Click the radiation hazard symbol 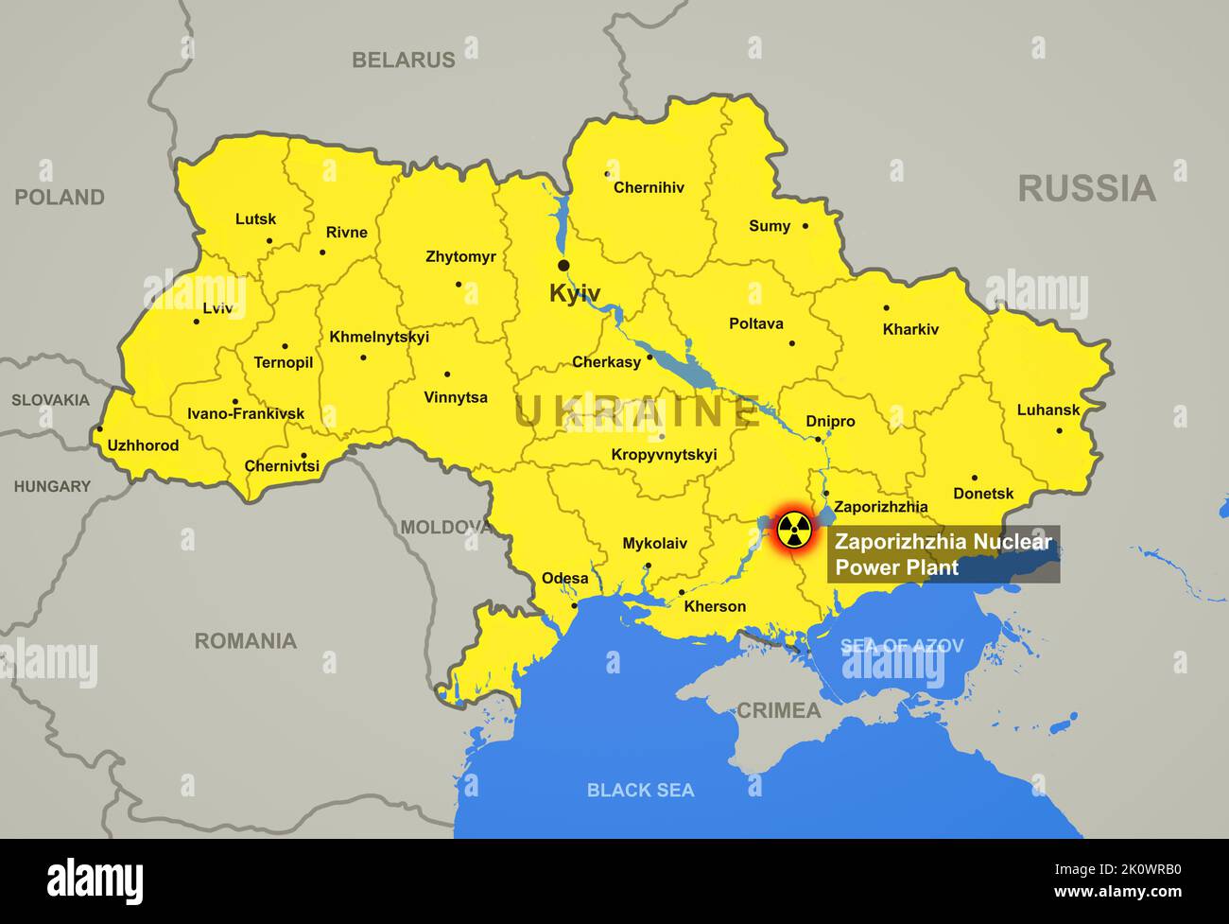793,531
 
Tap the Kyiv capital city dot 563,266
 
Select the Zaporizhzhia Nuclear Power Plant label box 943,554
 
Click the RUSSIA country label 1086,188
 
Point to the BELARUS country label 404,60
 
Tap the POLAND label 59,197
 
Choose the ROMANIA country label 246,641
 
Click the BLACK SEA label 640,790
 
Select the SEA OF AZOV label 902,646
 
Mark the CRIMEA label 778,710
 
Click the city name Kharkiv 910,329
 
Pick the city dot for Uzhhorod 99,428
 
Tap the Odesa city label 564,578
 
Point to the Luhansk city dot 1059,430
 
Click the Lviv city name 217,307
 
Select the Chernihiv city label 649,187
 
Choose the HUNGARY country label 52,486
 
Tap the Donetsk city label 983,493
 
